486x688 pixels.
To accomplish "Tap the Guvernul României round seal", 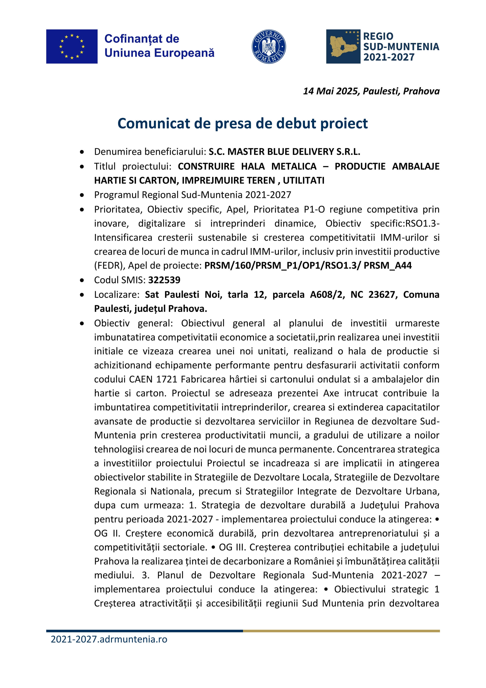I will coord(268,46).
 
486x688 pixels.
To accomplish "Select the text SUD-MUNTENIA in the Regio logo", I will coord(401,47).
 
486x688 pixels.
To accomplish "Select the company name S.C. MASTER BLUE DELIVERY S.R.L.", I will coord(284,152).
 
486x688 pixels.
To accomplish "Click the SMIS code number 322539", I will coord(164,280).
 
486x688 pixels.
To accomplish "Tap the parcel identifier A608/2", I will coord(327,294).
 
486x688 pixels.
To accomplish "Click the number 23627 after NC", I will coord(383,294).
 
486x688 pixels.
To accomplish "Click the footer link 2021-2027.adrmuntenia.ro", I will coord(109,639).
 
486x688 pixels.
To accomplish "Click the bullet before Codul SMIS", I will coord(82,280).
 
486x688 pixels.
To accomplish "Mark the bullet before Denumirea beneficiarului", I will coord(82,152).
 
